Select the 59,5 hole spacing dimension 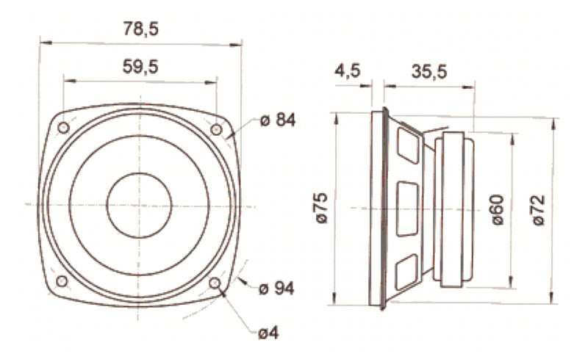140,66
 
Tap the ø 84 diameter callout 277,120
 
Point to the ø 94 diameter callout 277,289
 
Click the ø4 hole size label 268,333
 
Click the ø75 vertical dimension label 321,209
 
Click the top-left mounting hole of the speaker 63,128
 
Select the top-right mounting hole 216,129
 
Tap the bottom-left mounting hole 62,283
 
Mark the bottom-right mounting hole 215,283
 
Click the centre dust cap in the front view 139,205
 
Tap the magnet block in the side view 454,209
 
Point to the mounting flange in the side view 382,209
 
